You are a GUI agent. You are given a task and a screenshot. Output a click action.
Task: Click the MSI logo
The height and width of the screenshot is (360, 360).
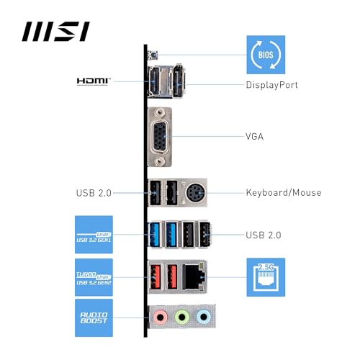tap(55, 32)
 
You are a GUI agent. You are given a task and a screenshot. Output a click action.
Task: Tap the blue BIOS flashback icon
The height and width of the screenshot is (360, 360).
tap(266, 54)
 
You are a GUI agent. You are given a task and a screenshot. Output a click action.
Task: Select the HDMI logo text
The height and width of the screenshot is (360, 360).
tap(94, 81)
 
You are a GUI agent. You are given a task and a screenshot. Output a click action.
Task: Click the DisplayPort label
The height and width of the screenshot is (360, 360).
tap(272, 85)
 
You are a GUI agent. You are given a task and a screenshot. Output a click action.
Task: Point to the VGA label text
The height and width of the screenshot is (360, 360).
tap(256, 136)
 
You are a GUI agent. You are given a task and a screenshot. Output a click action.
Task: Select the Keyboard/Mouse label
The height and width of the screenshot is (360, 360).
tap(283, 192)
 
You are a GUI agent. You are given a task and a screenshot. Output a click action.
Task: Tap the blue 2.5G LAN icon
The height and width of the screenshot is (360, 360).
tap(266, 276)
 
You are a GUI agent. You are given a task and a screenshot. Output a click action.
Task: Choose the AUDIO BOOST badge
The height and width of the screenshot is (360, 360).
tap(94, 318)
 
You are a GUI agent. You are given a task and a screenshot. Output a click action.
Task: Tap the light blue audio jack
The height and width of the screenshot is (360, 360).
tap(204, 315)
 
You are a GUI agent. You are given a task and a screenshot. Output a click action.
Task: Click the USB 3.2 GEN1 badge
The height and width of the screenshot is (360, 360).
tap(94, 235)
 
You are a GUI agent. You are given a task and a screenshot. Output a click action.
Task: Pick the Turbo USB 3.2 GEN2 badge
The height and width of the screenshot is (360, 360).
tap(94, 276)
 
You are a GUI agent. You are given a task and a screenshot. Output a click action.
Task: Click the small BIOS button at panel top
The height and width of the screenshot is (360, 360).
tap(153, 55)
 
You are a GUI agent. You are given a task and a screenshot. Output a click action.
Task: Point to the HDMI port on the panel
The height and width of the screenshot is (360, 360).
tap(154, 83)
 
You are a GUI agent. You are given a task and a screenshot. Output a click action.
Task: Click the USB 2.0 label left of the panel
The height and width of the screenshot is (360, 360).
tap(94, 193)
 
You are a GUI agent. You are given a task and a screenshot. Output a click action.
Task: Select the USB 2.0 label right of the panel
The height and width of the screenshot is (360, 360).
tap(264, 235)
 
